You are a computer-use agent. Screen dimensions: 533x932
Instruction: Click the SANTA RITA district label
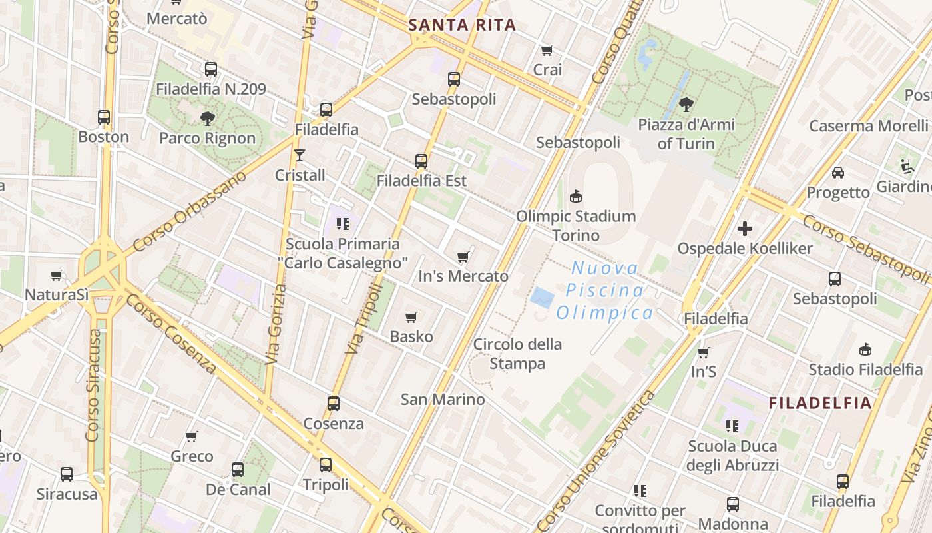click(462, 25)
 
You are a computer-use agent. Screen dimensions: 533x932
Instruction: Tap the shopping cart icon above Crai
click(547, 50)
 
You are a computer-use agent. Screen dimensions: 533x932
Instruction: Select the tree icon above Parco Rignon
click(207, 119)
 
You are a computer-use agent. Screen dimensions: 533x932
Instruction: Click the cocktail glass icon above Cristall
click(300, 155)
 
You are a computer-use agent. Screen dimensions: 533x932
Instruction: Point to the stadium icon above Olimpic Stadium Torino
click(576, 196)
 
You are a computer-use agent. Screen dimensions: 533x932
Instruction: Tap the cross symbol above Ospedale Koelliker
click(745, 229)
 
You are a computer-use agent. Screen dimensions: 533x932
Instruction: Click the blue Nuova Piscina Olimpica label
click(605, 290)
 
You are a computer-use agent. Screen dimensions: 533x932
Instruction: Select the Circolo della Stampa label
click(517, 354)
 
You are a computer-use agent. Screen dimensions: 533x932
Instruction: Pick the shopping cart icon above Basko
click(411, 317)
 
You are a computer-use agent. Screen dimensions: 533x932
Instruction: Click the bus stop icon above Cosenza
click(334, 404)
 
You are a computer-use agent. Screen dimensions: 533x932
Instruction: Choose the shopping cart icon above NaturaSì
click(57, 275)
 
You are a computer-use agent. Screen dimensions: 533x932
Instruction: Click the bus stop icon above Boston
click(104, 117)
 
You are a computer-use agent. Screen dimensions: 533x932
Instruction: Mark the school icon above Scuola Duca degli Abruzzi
click(732, 426)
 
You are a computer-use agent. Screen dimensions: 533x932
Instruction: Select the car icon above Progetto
click(838, 173)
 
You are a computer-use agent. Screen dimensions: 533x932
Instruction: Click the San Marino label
click(443, 400)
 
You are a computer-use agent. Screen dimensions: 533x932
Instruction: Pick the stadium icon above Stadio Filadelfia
click(865, 349)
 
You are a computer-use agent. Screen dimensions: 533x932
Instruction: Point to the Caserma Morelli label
click(868, 125)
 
